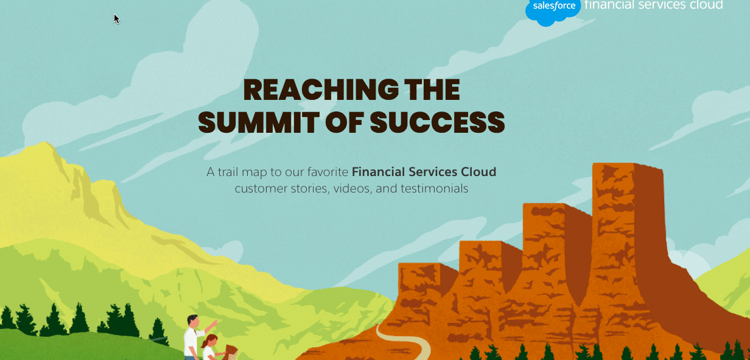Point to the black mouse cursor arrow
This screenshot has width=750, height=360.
point(116,19)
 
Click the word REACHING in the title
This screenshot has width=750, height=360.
point(321,90)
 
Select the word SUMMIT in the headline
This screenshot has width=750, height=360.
point(258,122)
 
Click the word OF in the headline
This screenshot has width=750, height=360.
point(345,122)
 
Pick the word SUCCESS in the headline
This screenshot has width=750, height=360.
point(437,122)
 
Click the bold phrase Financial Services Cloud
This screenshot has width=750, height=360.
point(424,172)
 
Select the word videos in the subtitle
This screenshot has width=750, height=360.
point(352,189)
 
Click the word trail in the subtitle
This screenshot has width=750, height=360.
point(228,172)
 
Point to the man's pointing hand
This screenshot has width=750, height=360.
point(215,322)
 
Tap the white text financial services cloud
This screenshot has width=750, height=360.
point(653,5)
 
